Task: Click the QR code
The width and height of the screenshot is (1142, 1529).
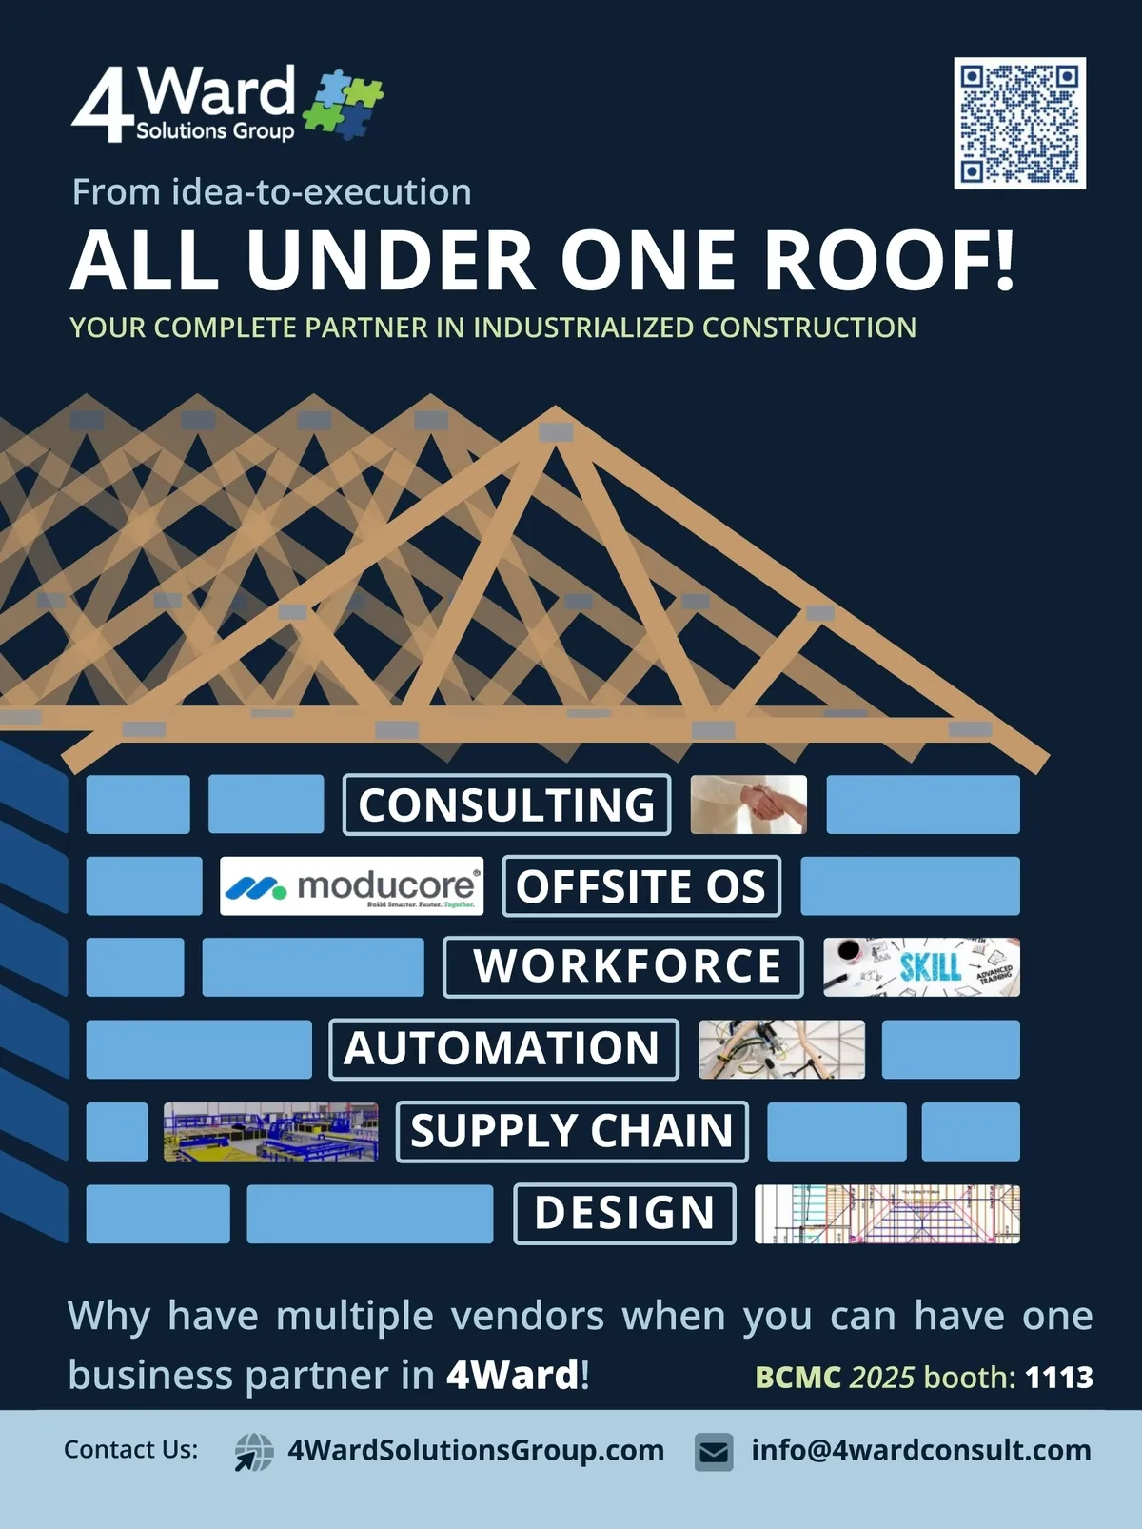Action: click(1019, 123)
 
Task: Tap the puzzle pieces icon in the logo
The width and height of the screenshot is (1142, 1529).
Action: click(343, 104)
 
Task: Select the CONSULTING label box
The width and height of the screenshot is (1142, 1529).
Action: click(506, 804)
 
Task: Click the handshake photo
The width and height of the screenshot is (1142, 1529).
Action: click(748, 804)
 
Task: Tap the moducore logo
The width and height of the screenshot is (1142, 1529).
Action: click(351, 886)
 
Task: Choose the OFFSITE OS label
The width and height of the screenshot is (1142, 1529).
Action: click(640, 886)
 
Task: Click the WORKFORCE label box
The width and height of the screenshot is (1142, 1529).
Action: click(623, 967)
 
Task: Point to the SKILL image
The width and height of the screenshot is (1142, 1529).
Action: click(920, 967)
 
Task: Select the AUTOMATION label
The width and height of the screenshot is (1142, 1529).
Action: click(503, 1049)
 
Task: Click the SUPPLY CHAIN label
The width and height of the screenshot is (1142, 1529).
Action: click(572, 1131)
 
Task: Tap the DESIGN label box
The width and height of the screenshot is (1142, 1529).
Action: click(624, 1213)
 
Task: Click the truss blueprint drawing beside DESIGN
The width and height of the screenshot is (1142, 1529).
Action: click(886, 1214)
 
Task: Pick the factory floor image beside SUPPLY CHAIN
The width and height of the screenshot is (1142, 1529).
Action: click(270, 1132)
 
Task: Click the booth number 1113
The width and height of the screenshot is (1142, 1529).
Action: click(1058, 1377)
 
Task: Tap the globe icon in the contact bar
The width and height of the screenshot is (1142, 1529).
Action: click(254, 1452)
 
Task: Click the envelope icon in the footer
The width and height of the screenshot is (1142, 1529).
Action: click(714, 1452)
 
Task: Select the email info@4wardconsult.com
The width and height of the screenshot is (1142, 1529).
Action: click(920, 1450)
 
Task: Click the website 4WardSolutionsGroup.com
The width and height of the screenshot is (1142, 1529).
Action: click(476, 1450)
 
